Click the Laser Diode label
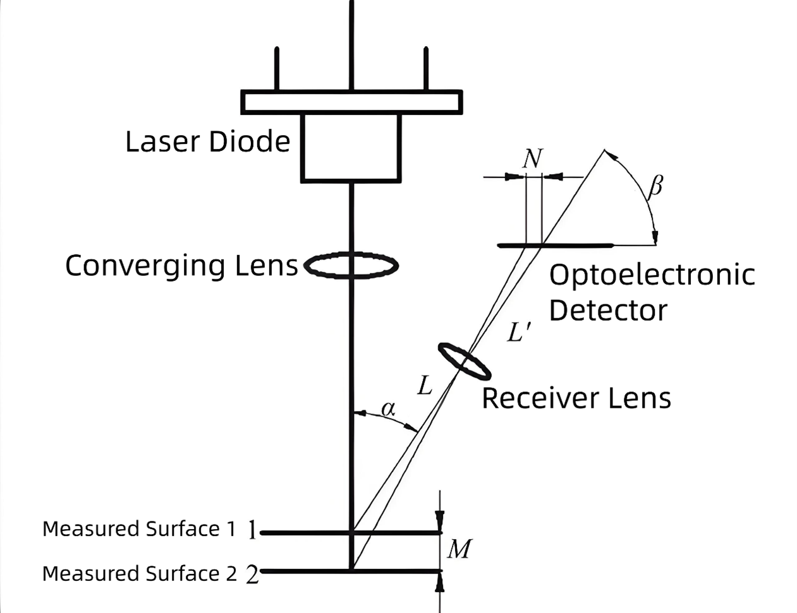pos(207,141)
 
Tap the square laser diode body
pos(351,147)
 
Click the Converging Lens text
pos(181,266)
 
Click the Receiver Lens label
pos(576,398)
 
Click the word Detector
pos(607,311)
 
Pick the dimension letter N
pos(533,158)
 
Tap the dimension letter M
pos(459,549)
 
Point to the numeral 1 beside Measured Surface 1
pos(252,530)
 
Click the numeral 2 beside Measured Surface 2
pos(252,574)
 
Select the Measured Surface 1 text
pos(139,529)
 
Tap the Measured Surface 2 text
pos(139,574)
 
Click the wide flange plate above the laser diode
pos(351,102)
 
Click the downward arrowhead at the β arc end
pos(655,238)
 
